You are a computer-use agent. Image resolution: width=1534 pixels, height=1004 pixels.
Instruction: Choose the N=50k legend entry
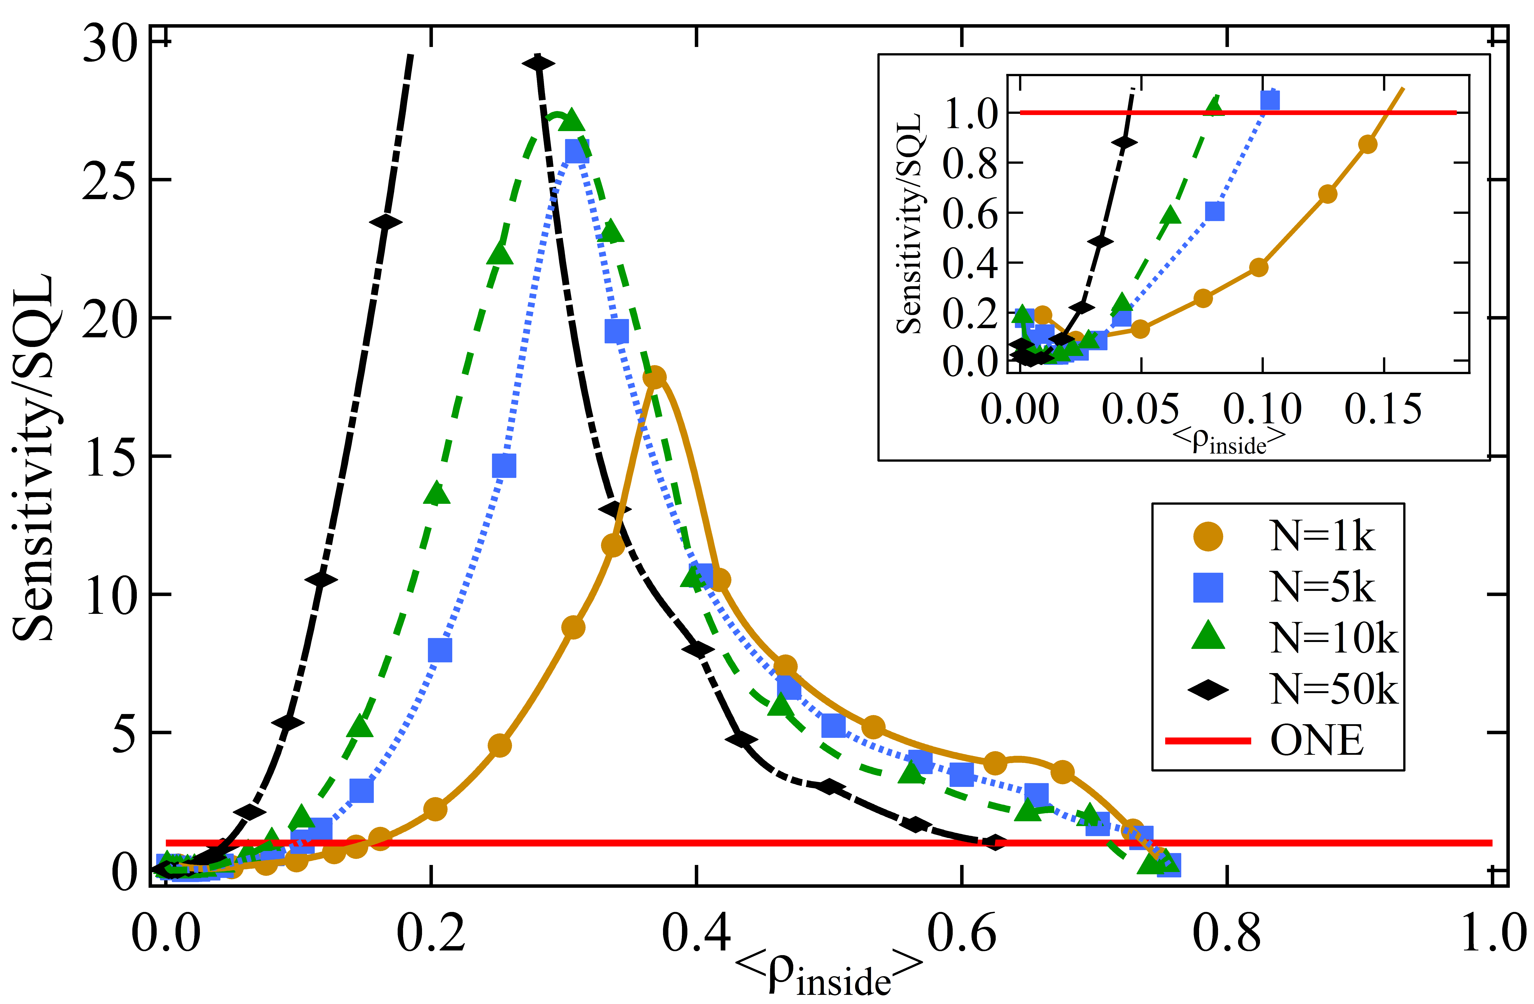(1333, 689)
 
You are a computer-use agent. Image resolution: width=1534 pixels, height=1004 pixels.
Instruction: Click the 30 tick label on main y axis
(111, 45)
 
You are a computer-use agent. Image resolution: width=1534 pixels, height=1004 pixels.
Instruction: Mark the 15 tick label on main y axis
(111, 459)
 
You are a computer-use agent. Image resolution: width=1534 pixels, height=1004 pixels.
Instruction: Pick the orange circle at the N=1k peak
(655, 377)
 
